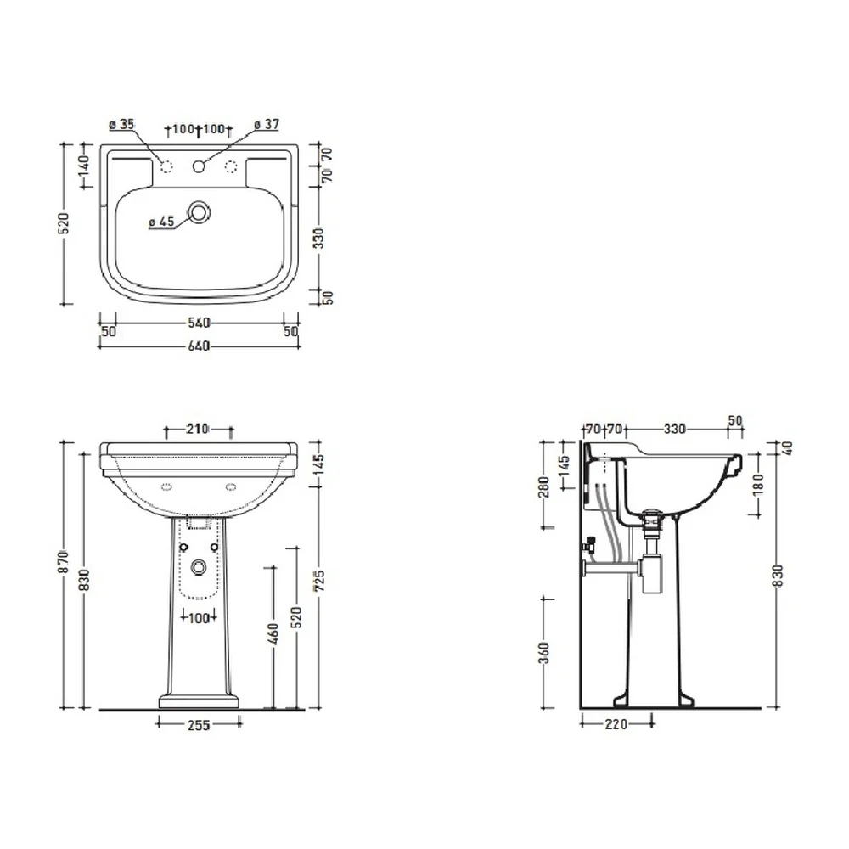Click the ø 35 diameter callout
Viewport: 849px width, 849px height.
121,125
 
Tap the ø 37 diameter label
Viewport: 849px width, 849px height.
267,125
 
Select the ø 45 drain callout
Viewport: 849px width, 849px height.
161,222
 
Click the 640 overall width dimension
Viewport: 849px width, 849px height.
199,346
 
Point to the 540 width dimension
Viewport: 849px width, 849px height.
199,323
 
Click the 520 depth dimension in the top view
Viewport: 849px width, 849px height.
65,223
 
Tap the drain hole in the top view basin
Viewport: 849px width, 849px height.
200,212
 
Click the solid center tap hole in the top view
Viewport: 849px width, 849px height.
199,166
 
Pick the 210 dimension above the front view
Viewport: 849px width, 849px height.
198,429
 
